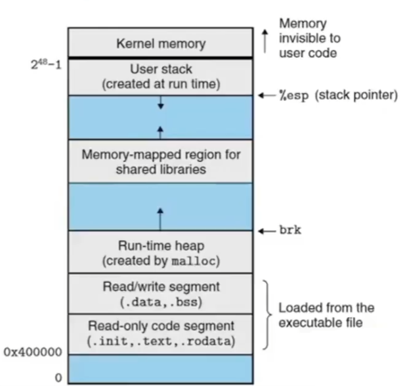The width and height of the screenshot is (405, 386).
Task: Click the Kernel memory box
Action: (x=160, y=43)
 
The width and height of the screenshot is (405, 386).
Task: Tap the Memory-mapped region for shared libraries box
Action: (x=160, y=162)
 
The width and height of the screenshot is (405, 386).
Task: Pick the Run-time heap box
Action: (x=160, y=253)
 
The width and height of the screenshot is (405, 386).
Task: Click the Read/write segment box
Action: (x=160, y=293)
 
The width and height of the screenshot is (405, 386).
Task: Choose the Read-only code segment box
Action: (x=160, y=334)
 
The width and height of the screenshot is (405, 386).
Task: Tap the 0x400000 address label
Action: (x=33, y=353)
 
